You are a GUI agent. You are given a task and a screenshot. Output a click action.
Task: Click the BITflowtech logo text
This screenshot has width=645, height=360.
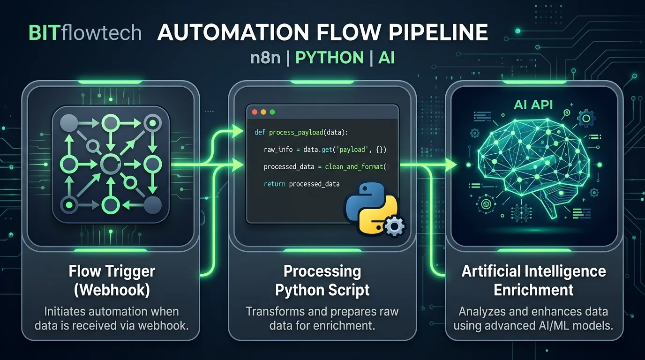(x=85, y=33)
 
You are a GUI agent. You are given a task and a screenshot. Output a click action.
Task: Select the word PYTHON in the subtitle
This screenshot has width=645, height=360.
(x=323, y=58)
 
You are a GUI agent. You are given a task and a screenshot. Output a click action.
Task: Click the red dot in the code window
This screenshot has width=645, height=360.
(x=255, y=112)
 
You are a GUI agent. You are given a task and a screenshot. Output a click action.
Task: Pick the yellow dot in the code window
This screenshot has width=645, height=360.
(x=263, y=112)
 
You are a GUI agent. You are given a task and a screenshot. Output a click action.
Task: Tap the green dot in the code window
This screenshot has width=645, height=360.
(x=272, y=112)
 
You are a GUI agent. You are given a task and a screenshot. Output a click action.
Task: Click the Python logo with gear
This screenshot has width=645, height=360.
(x=373, y=209)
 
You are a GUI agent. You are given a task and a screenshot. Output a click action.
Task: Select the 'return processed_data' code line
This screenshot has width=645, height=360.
(x=301, y=184)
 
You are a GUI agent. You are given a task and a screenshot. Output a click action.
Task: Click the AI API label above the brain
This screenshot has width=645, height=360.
(x=533, y=104)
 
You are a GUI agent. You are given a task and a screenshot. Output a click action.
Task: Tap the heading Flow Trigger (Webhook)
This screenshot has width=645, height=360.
(x=112, y=280)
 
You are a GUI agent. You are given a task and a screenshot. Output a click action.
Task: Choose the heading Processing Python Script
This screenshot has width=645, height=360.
(x=322, y=280)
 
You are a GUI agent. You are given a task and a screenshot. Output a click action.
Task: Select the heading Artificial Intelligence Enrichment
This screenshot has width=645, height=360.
(x=533, y=280)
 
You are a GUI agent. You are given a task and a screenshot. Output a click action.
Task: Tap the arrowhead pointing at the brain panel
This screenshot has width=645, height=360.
(x=451, y=165)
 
